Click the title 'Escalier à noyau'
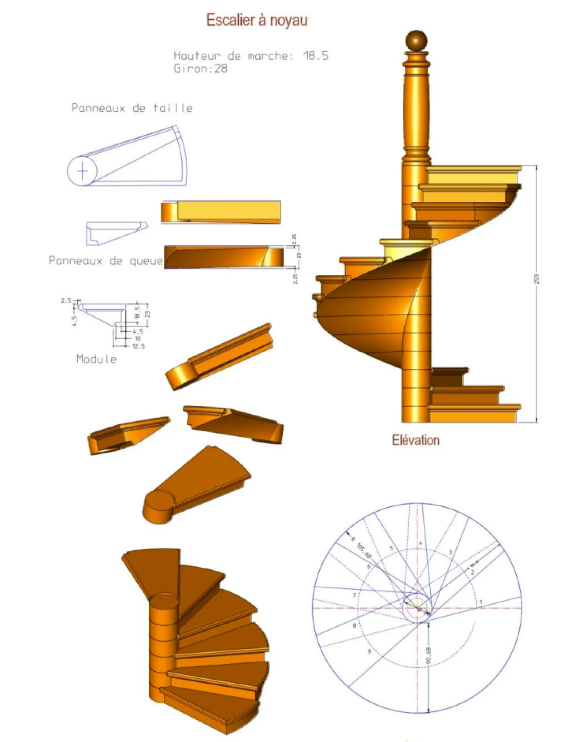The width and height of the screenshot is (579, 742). click(x=256, y=20)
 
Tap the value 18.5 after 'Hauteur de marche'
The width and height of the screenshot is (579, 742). click(x=316, y=56)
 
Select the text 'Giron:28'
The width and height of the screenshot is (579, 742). click(x=200, y=69)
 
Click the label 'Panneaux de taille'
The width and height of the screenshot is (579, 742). click(x=132, y=108)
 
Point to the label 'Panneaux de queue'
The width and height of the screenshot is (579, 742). click(x=105, y=261)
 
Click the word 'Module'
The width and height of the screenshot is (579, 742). click(x=96, y=359)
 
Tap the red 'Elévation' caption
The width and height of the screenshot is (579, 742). click(x=416, y=440)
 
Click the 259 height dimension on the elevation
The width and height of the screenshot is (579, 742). click(x=537, y=279)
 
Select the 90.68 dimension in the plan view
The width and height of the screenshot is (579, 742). click(x=429, y=656)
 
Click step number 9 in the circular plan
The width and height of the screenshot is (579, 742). click(x=369, y=652)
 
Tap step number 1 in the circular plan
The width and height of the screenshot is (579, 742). click(x=481, y=602)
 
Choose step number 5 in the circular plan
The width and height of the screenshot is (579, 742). click(x=391, y=548)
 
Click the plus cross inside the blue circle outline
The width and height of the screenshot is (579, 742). click(x=82, y=171)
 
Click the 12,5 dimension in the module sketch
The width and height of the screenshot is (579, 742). click(x=138, y=346)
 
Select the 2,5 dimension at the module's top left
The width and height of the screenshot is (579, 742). click(x=66, y=300)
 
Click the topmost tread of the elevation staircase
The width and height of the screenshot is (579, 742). click(x=474, y=169)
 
